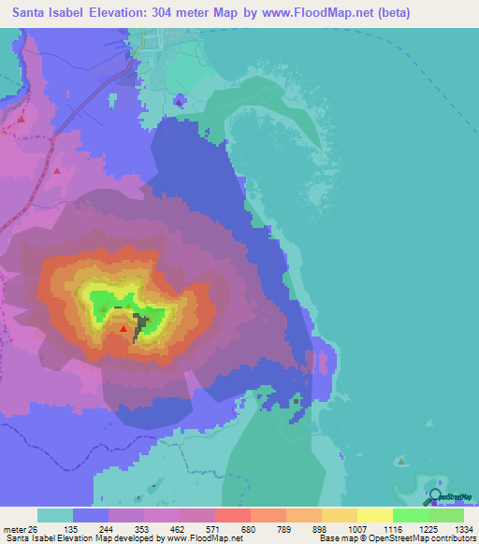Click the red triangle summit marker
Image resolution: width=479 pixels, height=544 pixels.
123,328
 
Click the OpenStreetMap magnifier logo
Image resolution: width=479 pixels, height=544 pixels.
434,496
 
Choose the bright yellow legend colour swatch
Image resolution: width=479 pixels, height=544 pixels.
375,515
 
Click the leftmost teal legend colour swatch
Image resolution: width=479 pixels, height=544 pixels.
55,515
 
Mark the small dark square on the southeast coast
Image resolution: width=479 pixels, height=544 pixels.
297,402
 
